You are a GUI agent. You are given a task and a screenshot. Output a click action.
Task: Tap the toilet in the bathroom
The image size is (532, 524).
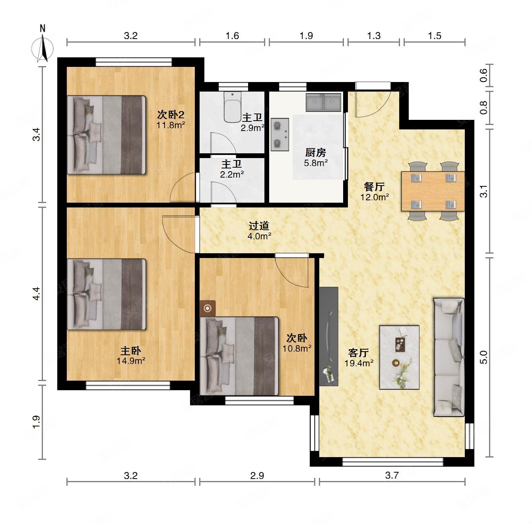pyautogui.click(x=232, y=107)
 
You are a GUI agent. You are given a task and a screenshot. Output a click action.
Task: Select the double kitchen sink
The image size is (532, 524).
pyautogui.click(x=323, y=102)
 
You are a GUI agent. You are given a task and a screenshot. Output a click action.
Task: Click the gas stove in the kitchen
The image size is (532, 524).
pyautogui.click(x=280, y=135)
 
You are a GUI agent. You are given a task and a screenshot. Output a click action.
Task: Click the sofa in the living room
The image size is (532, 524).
pyautogui.click(x=449, y=357)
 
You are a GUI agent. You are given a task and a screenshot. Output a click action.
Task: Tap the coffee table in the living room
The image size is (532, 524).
pyautogui.click(x=399, y=357)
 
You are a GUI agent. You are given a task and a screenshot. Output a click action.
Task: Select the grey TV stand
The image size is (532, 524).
pyautogui.click(x=329, y=336)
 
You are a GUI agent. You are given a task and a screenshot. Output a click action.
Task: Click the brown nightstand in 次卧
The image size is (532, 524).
pyautogui.click(x=208, y=308)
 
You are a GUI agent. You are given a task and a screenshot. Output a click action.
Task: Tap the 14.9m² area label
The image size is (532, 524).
pyautogui.click(x=131, y=361)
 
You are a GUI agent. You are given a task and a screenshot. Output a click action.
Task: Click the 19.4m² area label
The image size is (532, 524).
pyautogui.click(x=359, y=363)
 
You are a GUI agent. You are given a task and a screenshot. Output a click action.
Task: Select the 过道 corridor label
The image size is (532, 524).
pyautogui.click(x=259, y=226)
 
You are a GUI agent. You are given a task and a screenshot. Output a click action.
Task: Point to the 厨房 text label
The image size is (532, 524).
pyautogui.click(x=316, y=153)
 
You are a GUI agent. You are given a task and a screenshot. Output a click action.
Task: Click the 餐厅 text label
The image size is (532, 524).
pyautogui.click(x=374, y=187)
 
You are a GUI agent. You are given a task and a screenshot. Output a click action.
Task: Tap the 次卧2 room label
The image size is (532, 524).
pyautogui.click(x=171, y=115)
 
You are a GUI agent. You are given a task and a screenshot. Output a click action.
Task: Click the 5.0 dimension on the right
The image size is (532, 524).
pyautogui.click(x=483, y=357)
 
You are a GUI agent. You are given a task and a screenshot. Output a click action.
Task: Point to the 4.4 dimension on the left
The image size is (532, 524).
pyautogui.click(x=36, y=294)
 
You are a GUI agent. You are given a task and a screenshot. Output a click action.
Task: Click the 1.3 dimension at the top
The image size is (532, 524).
pyautogui.click(x=374, y=36)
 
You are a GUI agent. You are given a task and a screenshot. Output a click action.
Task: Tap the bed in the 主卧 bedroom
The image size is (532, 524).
pyautogui.click(x=107, y=294)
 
